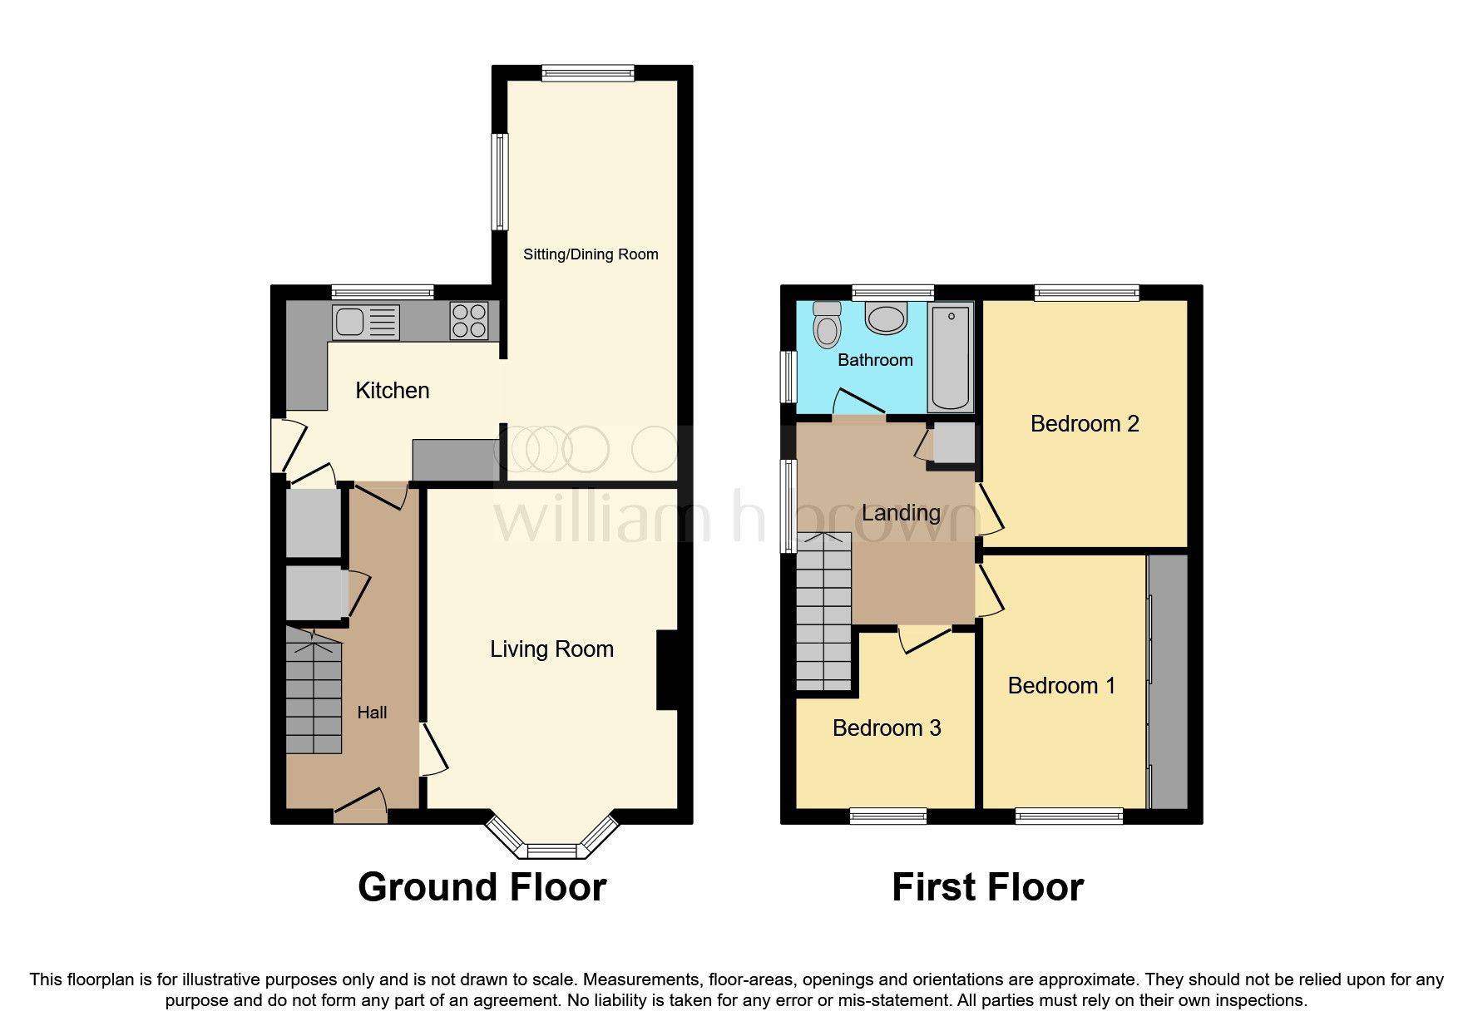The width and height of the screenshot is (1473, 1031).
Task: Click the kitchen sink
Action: tap(365, 323)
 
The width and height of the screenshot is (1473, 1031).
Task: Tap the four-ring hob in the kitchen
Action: tap(469, 321)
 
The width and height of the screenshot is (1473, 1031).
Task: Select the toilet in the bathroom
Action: tap(827, 324)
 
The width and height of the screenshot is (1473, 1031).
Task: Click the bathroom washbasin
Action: tap(886, 318)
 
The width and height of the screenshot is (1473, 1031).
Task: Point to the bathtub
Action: tap(950, 358)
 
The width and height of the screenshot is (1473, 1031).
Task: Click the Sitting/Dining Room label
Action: tap(591, 254)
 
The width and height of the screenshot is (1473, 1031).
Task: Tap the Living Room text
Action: tap(551, 649)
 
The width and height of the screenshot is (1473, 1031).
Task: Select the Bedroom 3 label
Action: tap(887, 728)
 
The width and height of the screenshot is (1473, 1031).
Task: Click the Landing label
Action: tap(901, 513)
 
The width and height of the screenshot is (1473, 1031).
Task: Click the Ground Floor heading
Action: tap(482, 887)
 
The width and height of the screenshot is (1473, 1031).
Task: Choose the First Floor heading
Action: tap(987, 887)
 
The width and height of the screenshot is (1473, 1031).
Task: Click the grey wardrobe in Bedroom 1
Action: tap(1168, 681)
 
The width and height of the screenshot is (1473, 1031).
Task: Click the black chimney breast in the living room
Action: tap(668, 670)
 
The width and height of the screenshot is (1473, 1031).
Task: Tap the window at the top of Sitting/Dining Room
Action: tap(588, 73)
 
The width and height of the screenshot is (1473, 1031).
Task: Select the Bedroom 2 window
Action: tap(1087, 293)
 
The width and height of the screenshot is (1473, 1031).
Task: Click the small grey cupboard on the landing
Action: tap(952, 443)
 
